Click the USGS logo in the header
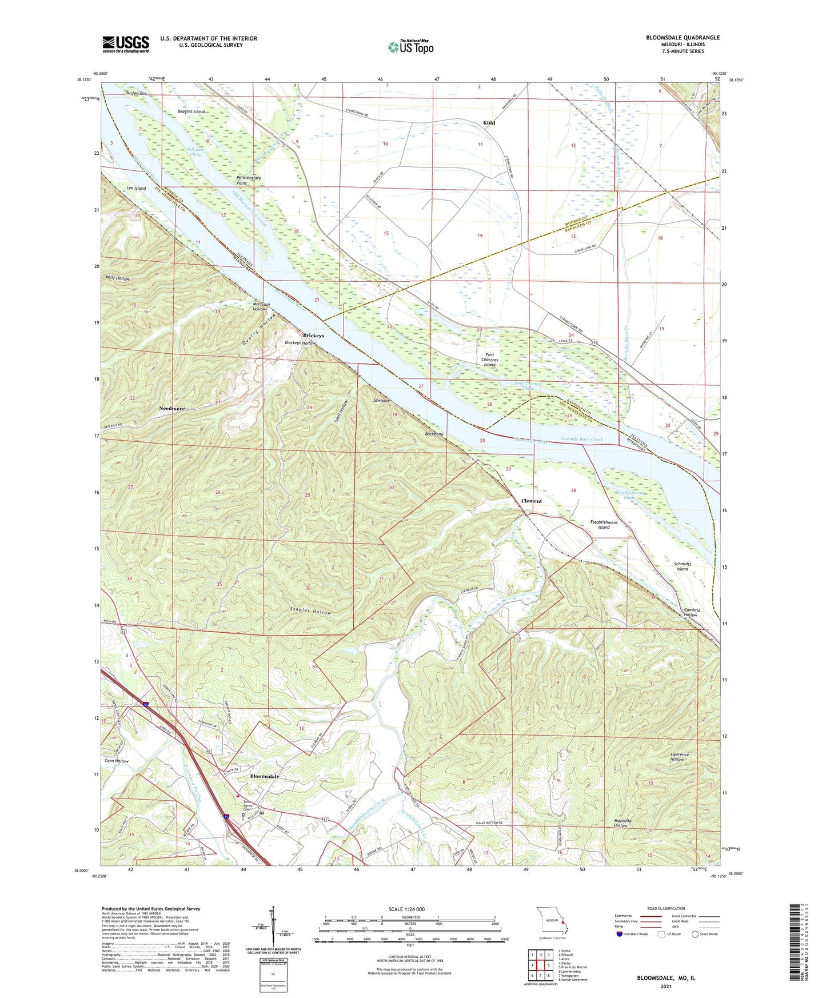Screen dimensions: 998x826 [x=126, y=44]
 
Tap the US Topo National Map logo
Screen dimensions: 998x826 [x=410, y=46]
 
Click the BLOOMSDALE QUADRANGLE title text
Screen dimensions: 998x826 [x=683, y=38]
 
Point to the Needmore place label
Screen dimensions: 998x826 [x=172, y=409]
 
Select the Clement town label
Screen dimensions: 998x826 [x=531, y=501]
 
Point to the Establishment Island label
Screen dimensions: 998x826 [x=604, y=525]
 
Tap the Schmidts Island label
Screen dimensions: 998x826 [x=683, y=566]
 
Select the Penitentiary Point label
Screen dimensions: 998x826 [x=249, y=180]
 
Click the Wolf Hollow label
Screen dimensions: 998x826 [x=118, y=278]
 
